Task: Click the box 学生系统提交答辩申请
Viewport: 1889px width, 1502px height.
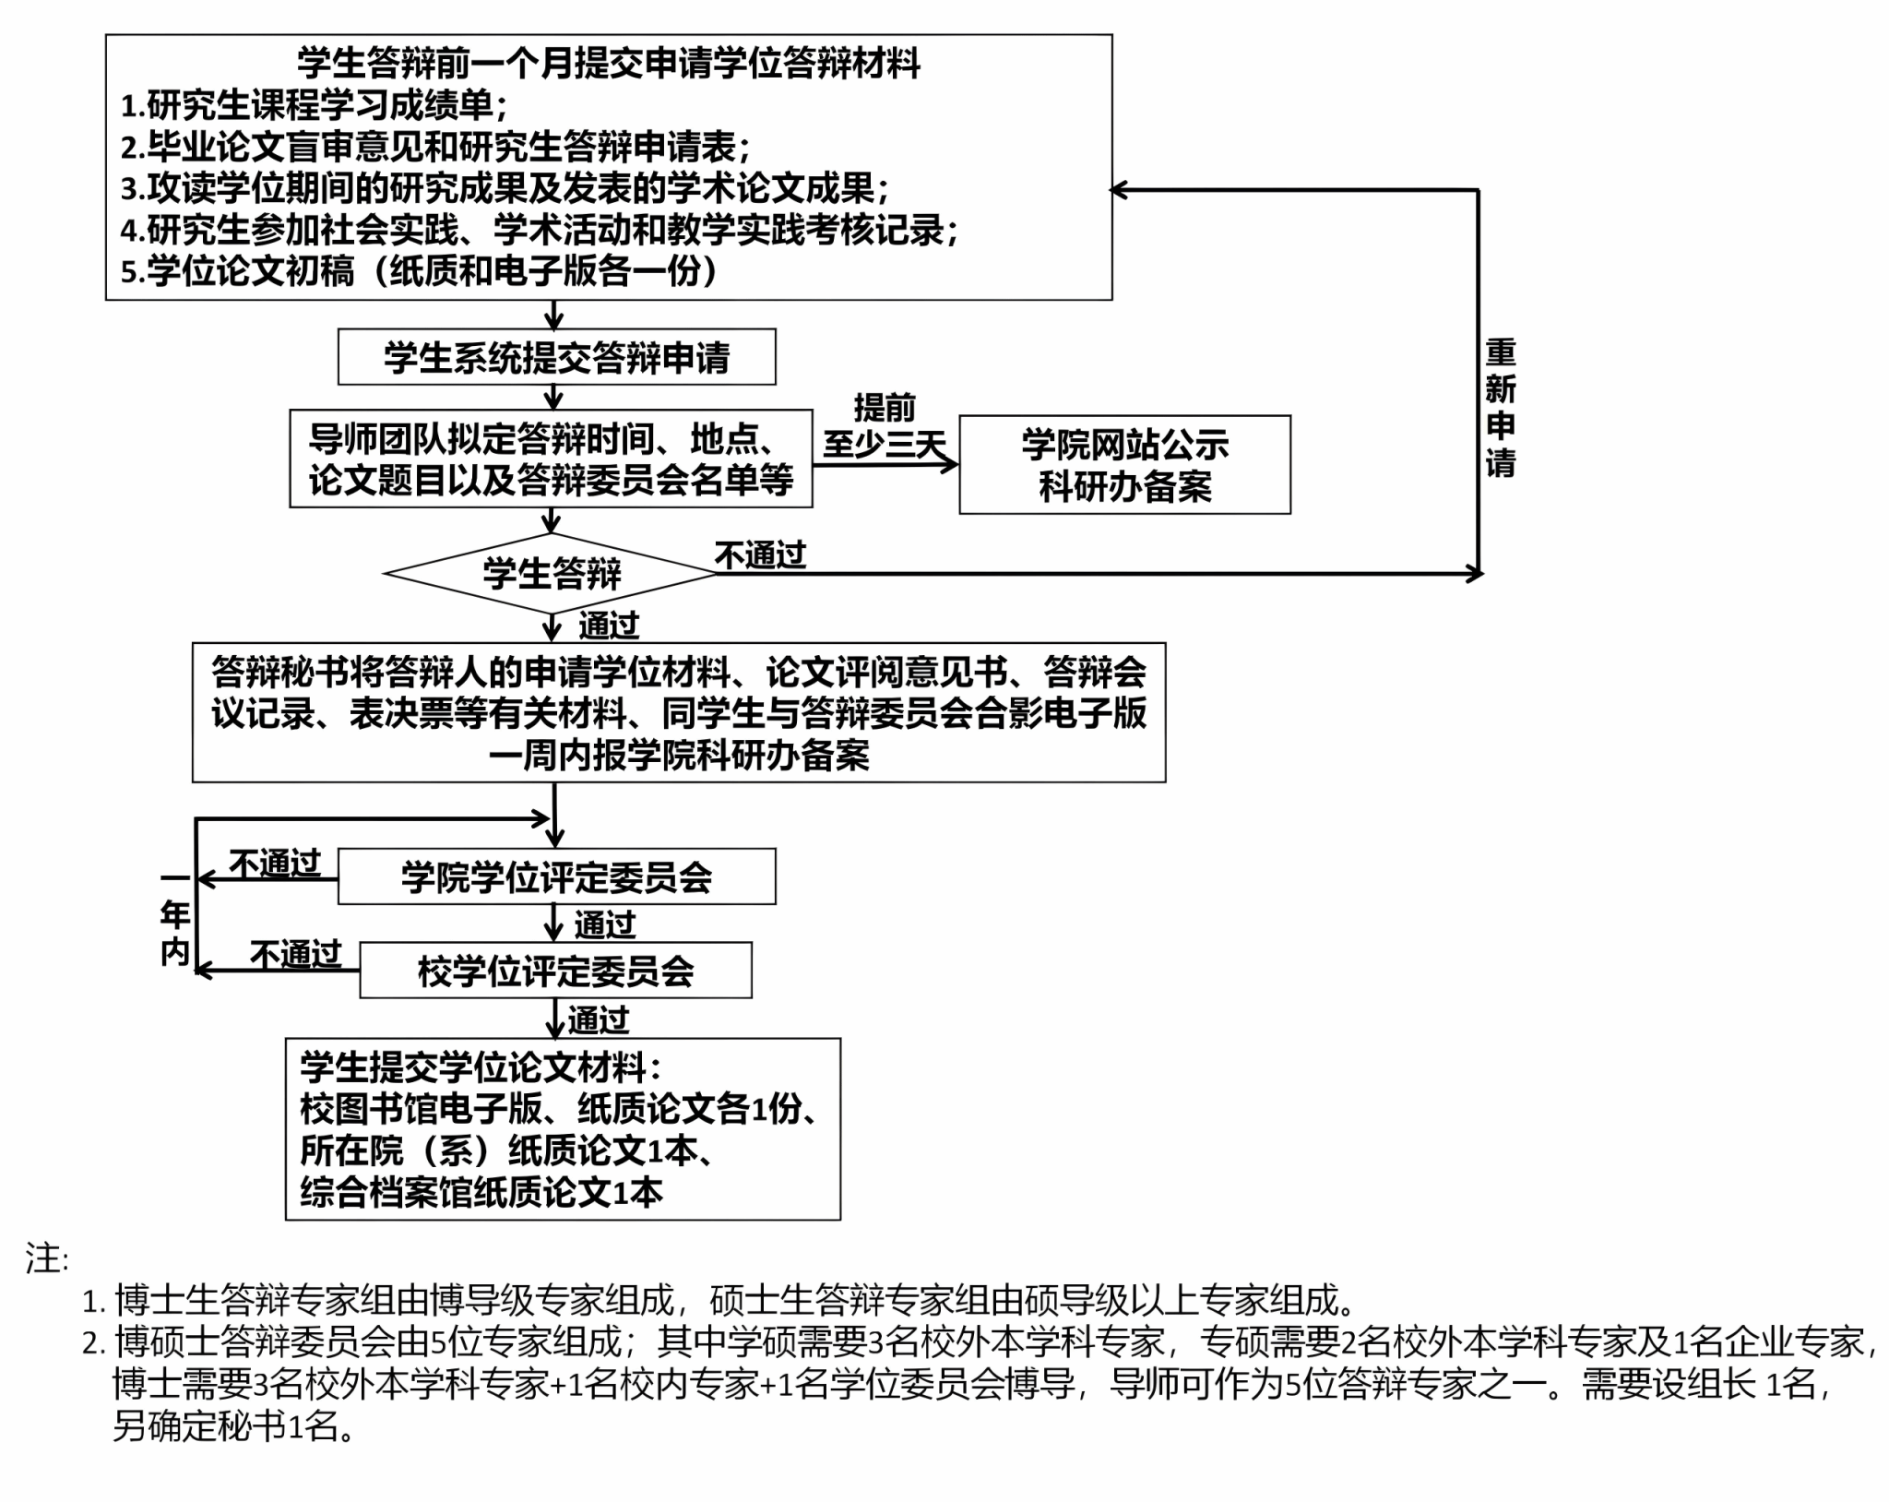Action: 556,357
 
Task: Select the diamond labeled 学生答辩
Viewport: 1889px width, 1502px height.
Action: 552,573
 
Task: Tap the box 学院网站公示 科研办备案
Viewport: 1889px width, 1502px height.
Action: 1124,464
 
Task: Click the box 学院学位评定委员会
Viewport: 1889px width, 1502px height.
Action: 556,876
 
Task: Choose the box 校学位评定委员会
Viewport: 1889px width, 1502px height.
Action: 555,971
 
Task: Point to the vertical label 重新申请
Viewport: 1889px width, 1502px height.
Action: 1500,408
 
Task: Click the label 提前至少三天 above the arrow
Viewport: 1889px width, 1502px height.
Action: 885,426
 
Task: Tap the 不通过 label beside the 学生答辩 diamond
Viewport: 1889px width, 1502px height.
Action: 760,555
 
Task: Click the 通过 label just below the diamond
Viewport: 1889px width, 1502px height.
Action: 608,626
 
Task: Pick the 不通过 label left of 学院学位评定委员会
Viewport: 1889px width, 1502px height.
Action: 274,864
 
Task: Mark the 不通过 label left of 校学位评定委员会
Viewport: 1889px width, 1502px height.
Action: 295,954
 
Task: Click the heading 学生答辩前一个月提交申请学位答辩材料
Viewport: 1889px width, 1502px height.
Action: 609,64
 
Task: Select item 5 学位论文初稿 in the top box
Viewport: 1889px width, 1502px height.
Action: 420,271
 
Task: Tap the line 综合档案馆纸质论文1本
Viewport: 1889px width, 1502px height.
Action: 481,1193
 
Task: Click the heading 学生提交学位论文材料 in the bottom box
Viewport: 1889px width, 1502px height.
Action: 480,1067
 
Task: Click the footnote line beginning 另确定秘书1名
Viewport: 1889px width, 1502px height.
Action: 234,1427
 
